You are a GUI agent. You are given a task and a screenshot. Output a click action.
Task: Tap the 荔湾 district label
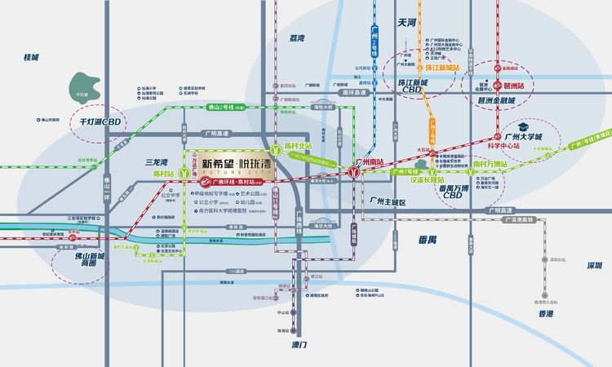[296, 38]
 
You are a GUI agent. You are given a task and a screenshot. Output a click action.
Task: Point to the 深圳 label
[575, 265]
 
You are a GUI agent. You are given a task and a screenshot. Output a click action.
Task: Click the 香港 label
[546, 313]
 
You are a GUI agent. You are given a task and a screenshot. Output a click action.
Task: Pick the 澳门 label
[298, 345]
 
